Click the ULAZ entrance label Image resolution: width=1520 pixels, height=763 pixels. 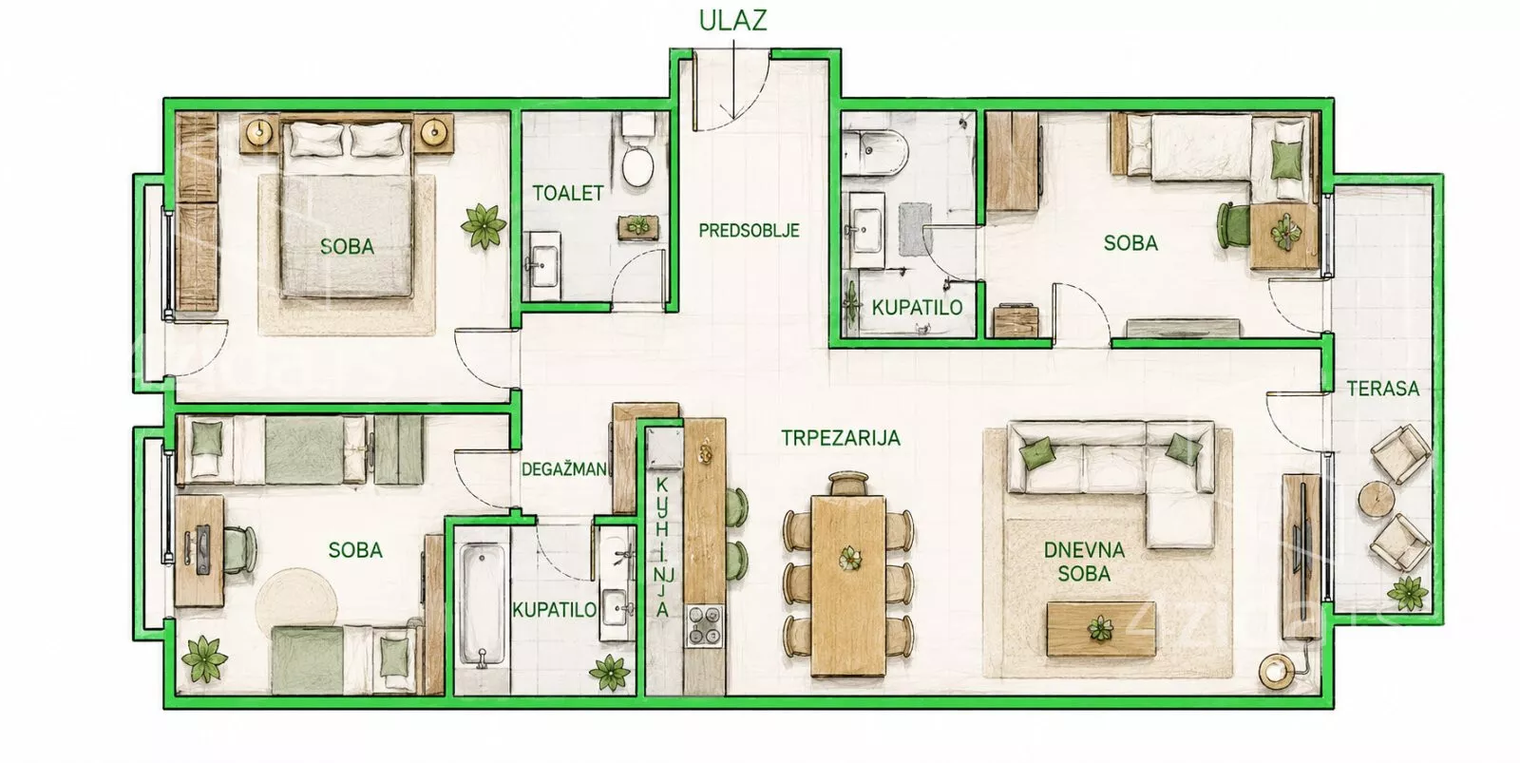coord(732,20)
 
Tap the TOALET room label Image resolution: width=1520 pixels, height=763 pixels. coord(568,194)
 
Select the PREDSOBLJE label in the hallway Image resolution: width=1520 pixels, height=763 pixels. coord(750,231)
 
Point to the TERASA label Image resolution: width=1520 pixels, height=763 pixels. coord(1383,389)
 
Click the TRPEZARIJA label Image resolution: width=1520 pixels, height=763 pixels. coord(841,438)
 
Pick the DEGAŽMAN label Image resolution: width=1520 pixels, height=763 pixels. coord(564,468)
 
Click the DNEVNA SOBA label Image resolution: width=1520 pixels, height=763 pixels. coord(1084,563)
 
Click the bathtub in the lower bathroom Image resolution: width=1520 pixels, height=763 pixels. coord(482,604)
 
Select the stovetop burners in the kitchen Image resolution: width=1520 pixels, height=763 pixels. coord(705,624)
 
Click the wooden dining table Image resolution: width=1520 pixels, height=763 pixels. coord(848,586)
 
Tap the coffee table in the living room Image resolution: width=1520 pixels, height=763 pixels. coord(1101,628)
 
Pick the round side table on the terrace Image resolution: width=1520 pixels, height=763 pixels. coord(1377,500)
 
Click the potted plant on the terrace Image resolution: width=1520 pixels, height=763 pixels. coord(1407,594)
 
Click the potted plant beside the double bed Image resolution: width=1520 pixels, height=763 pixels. coord(484,224)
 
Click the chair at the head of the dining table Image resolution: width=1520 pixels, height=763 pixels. coord(848,484)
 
